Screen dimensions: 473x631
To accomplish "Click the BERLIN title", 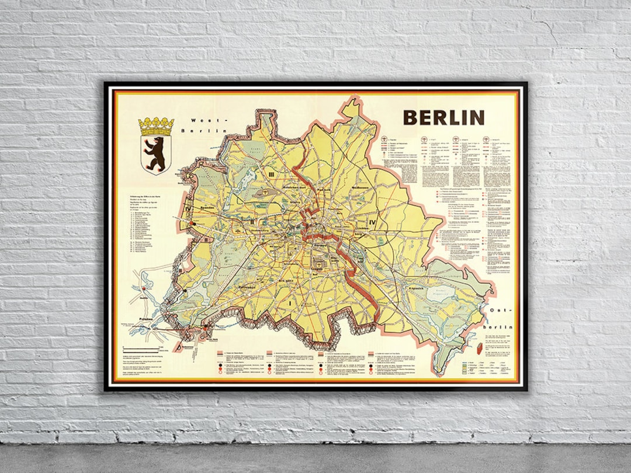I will (x=443, y=117).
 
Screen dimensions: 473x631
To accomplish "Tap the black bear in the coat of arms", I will (x=155, y=154).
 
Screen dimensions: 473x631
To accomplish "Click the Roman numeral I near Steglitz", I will (x=288, y=304).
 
